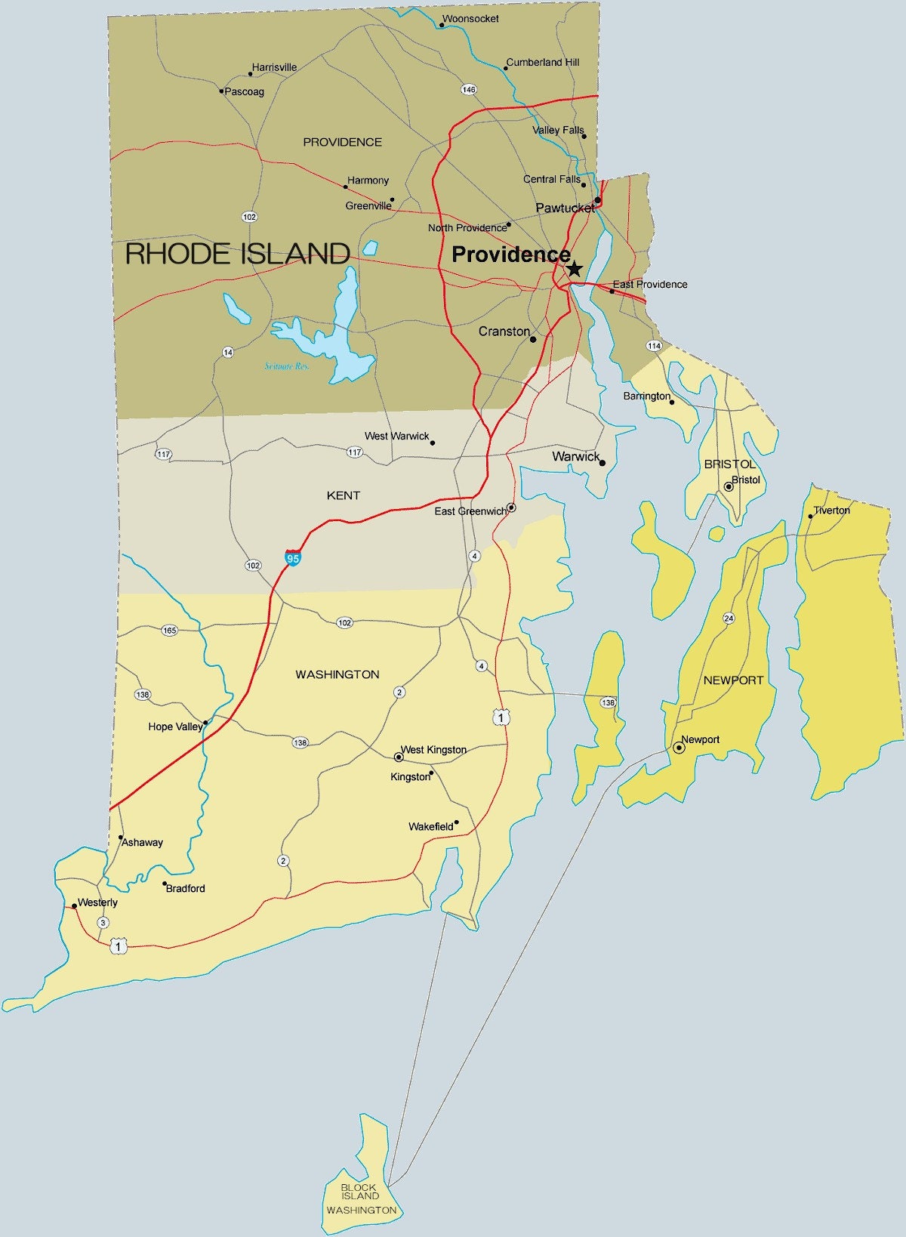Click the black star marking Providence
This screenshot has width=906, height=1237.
575,269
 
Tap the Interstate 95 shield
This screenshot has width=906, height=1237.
293,558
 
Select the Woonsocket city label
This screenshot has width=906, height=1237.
470,19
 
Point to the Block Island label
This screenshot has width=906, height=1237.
359,1192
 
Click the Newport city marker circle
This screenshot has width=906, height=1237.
679,748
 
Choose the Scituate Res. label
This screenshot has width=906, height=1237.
287,366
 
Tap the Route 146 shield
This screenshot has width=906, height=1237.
469,90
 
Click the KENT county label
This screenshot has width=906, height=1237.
344,495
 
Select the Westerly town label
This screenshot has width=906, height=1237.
97,902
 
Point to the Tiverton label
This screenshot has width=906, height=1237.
831,511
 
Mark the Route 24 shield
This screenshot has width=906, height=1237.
729,618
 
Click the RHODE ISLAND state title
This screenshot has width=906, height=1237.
237,254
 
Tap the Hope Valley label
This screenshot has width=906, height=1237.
175,726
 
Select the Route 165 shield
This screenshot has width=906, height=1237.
169,630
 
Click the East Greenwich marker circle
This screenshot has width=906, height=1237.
511,507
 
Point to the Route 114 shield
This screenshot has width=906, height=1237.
654,346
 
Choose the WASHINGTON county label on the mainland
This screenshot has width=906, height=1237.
337,674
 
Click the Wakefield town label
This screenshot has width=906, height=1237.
431,827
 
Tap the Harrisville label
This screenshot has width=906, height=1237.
274,67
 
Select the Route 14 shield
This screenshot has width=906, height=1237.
228,352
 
